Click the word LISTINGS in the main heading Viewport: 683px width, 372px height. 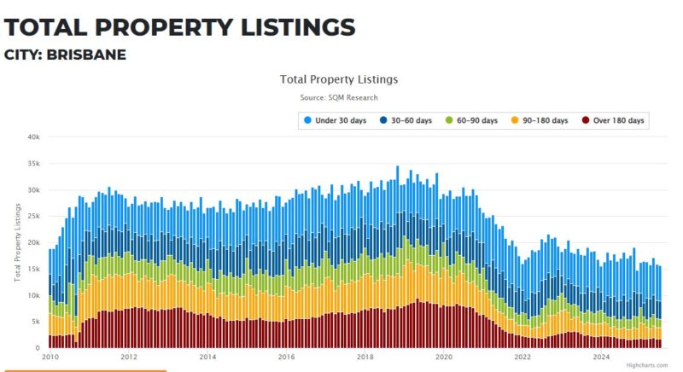click(x=291, y=27)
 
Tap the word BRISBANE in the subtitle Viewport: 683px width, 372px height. click(x=90, y=55)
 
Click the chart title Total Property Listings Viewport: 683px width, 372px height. click(x=339, y=79)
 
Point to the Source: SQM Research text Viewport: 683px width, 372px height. click(x=339, y=98)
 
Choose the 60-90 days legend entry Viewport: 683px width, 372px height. click(x=472, y=120)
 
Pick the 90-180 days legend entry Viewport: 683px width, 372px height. click(x=540, y=120)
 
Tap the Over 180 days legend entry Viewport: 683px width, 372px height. click(x=612, y=120)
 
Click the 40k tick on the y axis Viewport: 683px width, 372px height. click(x=33, y=137)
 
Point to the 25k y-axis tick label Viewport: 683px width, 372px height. click(x=33, y=216)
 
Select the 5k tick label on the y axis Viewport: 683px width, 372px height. click(x=36, y=322)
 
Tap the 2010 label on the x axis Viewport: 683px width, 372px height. click(x=50, y=357)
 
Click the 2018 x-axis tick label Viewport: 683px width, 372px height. click(x=365, y=357)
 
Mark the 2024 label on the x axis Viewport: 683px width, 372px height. click(x=601, y=357)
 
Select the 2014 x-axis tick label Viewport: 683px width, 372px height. click(x=207, y=357)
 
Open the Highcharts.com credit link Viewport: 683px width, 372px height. click(x=647, y=365)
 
